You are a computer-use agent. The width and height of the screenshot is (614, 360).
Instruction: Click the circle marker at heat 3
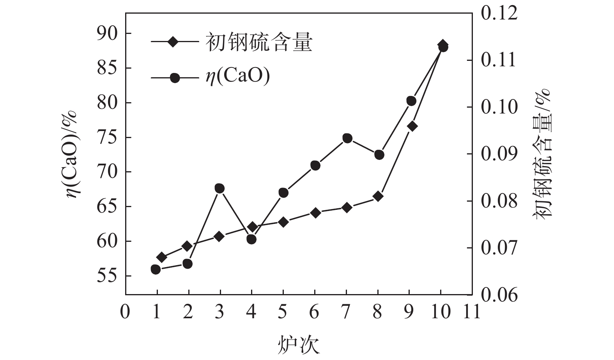coord(219,188)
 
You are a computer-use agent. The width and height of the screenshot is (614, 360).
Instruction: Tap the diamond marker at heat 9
coord(412,126)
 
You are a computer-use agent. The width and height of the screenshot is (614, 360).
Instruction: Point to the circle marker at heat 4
coord(251,239)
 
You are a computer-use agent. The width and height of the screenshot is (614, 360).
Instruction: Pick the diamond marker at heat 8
coord(377,196)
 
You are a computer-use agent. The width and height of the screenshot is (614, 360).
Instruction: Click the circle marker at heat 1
coord(156,269)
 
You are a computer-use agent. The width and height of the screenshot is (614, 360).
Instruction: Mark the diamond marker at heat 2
coord(187,246)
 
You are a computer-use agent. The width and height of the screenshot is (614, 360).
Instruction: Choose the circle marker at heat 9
coord(411,101)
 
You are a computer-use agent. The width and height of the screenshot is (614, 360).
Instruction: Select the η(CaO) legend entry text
coord(237,77)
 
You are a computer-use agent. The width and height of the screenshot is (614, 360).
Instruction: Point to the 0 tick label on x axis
coord(125,312)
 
